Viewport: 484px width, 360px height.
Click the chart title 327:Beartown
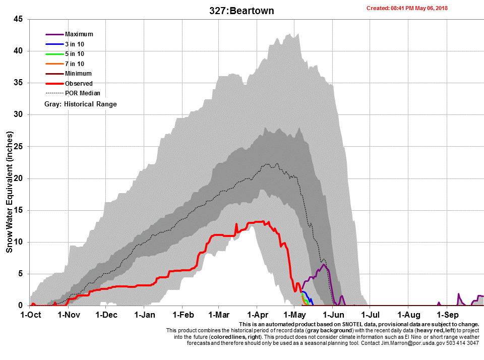[241, 11]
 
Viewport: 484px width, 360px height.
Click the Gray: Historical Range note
[81, 104]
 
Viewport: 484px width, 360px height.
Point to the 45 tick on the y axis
[18, 19]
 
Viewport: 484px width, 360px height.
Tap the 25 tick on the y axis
[18, 147]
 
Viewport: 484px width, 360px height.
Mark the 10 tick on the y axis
[18, 242]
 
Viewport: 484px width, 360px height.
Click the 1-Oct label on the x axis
[30, 315]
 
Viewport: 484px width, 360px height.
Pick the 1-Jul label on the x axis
[370, 315]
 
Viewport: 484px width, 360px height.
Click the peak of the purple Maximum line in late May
[324, 265]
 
